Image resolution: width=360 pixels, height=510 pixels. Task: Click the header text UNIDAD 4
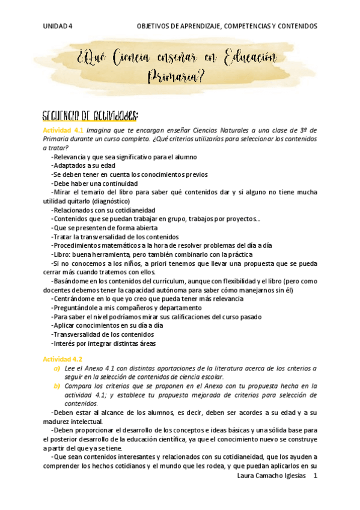click(58, 26)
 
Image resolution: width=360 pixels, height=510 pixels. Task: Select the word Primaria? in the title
click(175, 77)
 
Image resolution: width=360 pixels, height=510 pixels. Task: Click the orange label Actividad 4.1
click(63, 130)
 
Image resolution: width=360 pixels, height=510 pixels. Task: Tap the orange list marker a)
click(57, 368)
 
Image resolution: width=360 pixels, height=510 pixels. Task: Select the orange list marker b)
click(57, 386)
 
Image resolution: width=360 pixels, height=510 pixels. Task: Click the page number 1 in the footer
click(315, 476)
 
